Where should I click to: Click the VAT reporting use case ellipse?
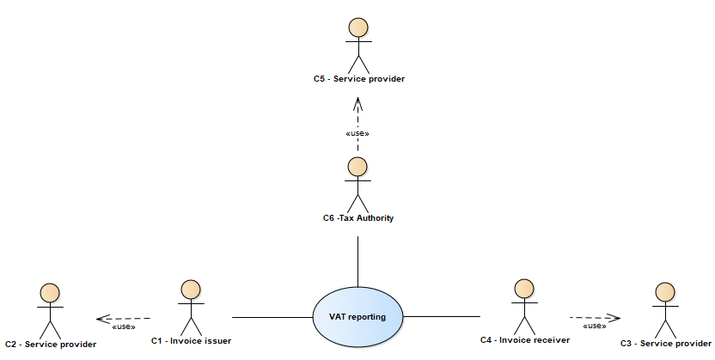(x=357, y=317)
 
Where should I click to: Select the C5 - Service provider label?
(x=358, y=79)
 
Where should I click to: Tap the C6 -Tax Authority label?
(x=357, y=218)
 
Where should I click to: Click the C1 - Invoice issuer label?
(x=191, y=341)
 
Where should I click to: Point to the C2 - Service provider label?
(x=51, y=344)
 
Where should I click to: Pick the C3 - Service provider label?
(x=665, y=344)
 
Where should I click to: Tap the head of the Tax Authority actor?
(x=357, y=166)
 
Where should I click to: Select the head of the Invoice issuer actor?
(x=191, y=289)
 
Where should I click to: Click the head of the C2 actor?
(x=51, y=292)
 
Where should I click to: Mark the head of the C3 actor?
(x=663, y=291)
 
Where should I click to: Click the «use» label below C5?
(x=357, y=133)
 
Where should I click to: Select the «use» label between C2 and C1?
(x=123, y=326)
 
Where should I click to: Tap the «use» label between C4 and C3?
(x=595, y=326)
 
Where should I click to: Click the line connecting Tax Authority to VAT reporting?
(x=357, y=258)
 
